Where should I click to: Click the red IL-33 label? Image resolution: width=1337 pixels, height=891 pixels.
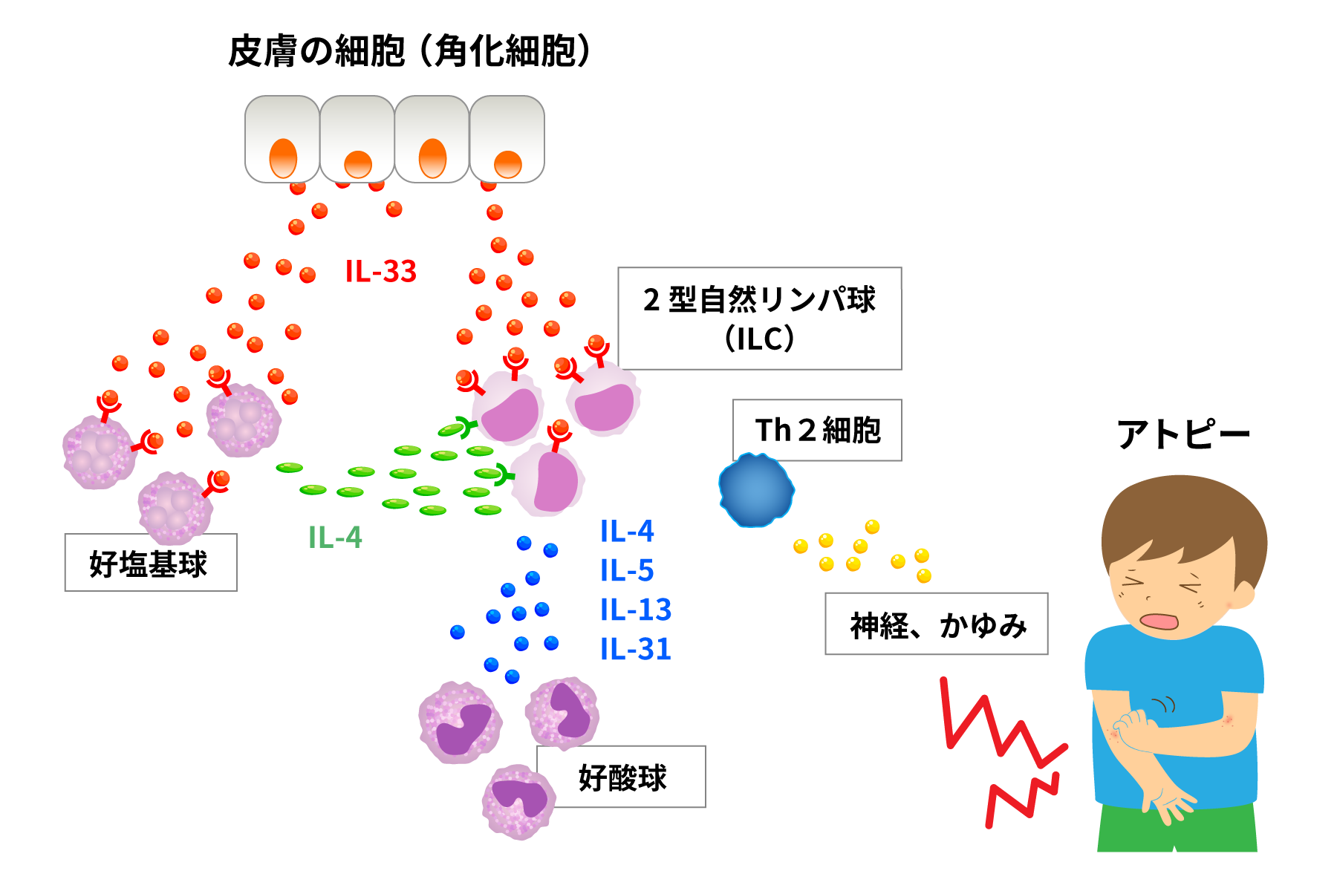tap(380, 271)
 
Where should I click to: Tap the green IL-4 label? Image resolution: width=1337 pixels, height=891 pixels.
tap(335, 537)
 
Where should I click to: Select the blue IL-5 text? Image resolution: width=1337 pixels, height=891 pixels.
tap(627, 570)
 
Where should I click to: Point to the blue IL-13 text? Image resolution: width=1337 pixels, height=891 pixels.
tap(636, 610)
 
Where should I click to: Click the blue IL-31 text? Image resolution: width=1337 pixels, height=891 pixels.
tap(636, 649)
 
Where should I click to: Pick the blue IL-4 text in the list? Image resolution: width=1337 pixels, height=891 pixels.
tap(627, 531)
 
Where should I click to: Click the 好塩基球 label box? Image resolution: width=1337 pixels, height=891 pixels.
tap(150, 563)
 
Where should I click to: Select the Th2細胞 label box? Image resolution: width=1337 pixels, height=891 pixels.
tap(817, 430)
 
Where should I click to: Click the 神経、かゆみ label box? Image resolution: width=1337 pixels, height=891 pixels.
tap(936, 624)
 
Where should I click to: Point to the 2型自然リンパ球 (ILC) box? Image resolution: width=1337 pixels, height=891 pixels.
tap(759, 318)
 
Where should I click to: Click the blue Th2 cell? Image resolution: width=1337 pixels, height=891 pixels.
tap(755, 490)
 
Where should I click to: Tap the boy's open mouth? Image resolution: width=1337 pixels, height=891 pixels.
tap(1159, 621)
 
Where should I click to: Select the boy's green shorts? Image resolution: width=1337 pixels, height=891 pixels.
tap(1177, 828)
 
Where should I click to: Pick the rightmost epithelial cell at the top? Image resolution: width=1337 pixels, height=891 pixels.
tap(507, 139)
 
